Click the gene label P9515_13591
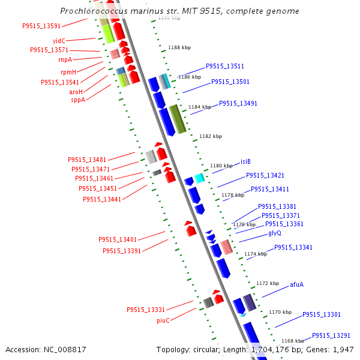click(x=41, y=26)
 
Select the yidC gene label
click(x=59, y=41)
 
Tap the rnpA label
click(x=65, y=59)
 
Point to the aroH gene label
click(x=76, y=92)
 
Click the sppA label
click(x=78, y=100)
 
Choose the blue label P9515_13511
click(x=225, y=66)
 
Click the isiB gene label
click(x=245, y=161)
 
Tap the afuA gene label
click(x=296, y=284)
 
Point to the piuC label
click(x=163, y=320)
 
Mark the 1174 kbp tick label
click(x=256, y=254)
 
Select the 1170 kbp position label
click(x=280, y=312)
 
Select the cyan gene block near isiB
click(x=199, y=178)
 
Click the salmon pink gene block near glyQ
click(x=226, y=247)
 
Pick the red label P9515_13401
click(x=118, y=239)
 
